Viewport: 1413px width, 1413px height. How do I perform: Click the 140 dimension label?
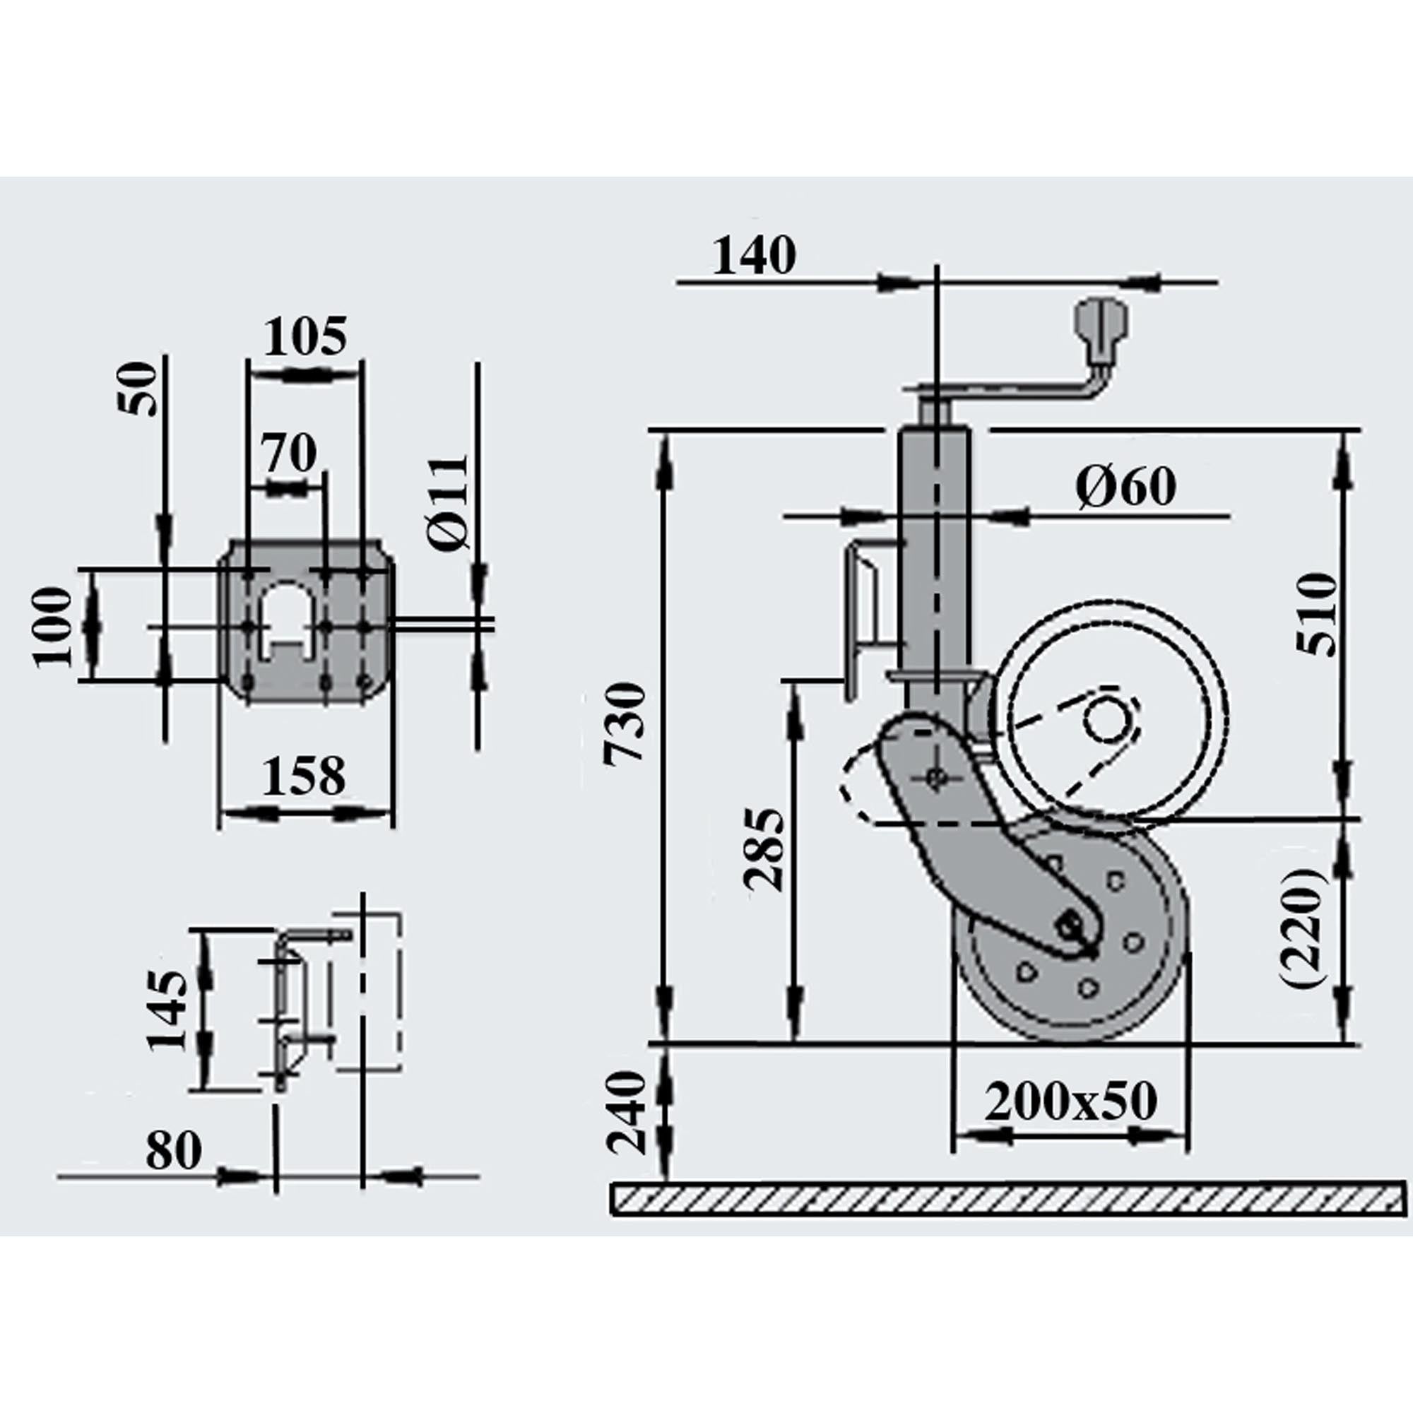click(754, 256)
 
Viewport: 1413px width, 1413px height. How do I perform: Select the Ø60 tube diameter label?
click(1127, 487)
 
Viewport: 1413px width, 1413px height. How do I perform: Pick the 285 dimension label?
click(765, 849)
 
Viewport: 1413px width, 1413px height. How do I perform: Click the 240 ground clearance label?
click(627, 1113)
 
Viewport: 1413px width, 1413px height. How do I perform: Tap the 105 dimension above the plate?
click(305, 337)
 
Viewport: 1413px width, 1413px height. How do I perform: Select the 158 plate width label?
click(304, 776)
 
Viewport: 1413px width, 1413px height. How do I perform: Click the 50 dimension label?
click(140, 389)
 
